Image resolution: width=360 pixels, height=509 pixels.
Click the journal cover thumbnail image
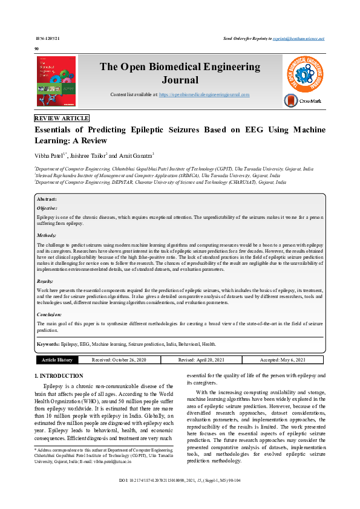[x=57, y=83]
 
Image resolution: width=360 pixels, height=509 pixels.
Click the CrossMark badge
[x=304, y=100]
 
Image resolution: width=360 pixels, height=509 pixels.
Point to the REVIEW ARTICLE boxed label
[x=62, y=118]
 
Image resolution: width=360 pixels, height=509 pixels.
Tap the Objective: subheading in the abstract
[x=47, y=207]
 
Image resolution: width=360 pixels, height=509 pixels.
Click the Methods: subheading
[x=47, y=235]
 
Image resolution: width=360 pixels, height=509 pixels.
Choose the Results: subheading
[x=45, y=282]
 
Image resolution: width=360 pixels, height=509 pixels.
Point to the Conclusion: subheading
[x=49, y=315]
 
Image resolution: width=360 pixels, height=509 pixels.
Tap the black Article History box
[x=57, y=360]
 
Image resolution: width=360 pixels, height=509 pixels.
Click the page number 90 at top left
[x=37, y=48]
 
